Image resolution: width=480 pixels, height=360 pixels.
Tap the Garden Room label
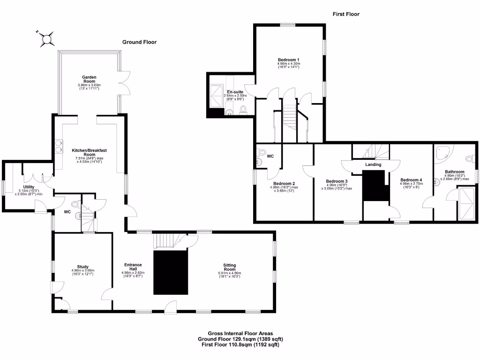pyautogui.click(x=89, y=79)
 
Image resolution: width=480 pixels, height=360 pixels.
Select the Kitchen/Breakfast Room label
pyautogui.click(x=89, y=152)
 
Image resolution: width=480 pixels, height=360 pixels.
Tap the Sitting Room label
pyautogui.click(x=229, y=267)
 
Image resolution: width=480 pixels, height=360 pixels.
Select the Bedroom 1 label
pyautogui.click(x=288, y=60)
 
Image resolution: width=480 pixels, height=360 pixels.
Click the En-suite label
pyautogui.click(x=235, y=92)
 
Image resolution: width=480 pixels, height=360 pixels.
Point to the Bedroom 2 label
pyautogui.click(x=284, y=183)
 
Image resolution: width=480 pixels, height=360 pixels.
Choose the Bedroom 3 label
pyautogui.click(x=337, y=181)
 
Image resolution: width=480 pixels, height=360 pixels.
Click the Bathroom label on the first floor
pyautogui.click(x=455, y=172)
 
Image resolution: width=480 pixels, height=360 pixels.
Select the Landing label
pyautogui.click(x=374, y=165)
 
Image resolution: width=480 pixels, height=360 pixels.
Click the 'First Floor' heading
pyautogui.click(x=346, y=14)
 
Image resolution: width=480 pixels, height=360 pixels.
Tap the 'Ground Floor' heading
pyautogui.click(x=139, y=42)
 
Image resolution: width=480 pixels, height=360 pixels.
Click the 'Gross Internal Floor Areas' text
pyautogui.click(x=240, y=333)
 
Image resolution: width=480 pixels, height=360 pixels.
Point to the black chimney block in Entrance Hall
pyautogui.click(x=171, y=272)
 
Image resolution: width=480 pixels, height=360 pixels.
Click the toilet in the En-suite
pyautogui.click(x=243, y=109)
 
